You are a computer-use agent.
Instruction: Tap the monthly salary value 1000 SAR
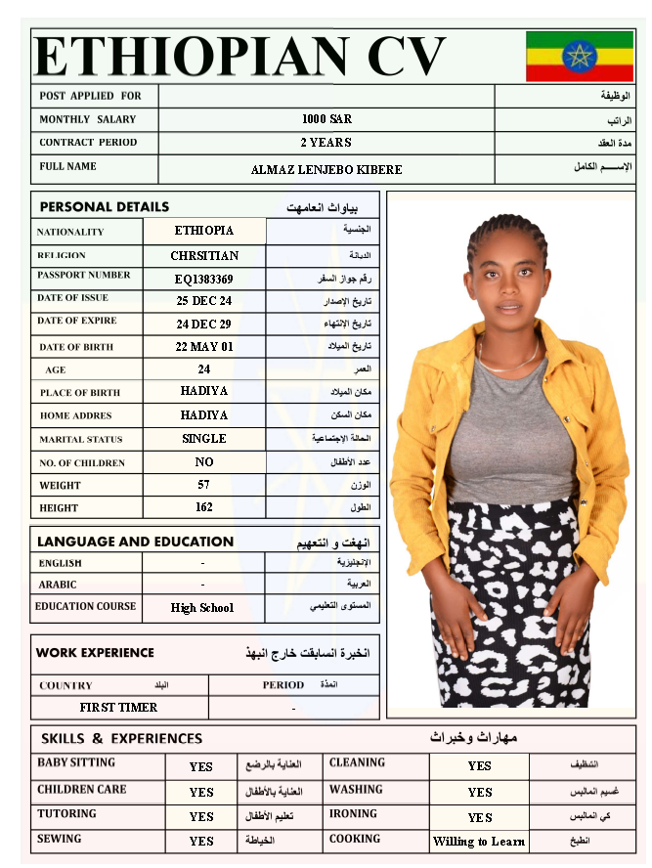pos(326,119)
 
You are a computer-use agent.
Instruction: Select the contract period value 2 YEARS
pos(326,143)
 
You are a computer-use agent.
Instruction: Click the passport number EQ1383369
pos(204,279)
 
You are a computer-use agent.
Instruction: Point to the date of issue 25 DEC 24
pos(204,301)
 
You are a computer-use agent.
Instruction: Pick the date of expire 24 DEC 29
pos(204,325)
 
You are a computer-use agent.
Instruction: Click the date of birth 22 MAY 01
pos(204,347)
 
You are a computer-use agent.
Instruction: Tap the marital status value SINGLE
pos(204,439)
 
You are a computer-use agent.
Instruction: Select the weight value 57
pos(204,485)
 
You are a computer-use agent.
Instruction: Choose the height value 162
pos(204,507)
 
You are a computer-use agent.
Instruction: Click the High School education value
pos(202,608)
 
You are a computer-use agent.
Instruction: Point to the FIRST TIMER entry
pos(118,707)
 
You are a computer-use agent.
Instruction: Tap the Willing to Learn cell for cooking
pos(479,842)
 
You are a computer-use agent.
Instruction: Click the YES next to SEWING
pos(201,842)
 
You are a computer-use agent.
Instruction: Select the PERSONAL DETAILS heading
pos(104,207)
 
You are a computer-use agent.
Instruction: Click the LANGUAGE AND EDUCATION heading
pos(135,542)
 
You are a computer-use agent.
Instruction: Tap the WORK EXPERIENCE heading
pos(95,653)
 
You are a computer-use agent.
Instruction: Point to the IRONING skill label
pos(353,813)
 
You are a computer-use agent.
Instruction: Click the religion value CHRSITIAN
pos(204,256)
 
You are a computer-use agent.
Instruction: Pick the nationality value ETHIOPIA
pos(204,231)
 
